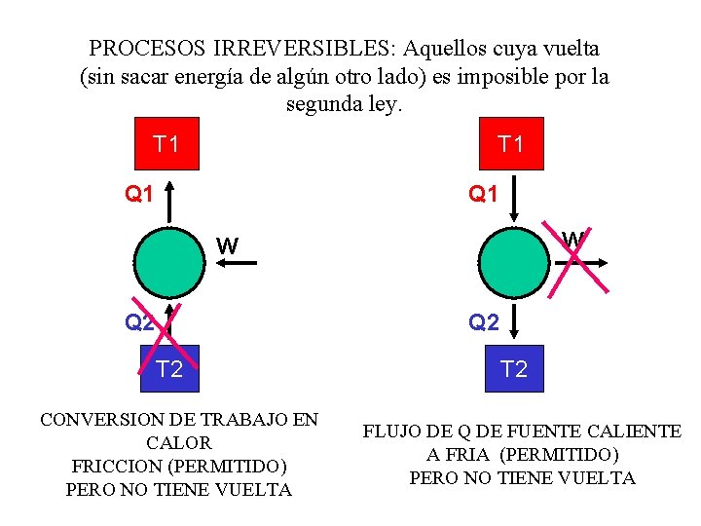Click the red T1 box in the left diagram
click(166, 143)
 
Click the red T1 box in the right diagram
click(511, 143)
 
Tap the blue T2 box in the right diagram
click(515, 368)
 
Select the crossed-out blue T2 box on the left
click(169, 368)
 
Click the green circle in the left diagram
click(169, 263)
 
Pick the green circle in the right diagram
click(514, 263)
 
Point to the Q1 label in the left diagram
click(138, 194)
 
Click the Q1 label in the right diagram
click(483, 194)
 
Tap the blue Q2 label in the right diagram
click(484, 322)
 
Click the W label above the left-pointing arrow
click(228, 245)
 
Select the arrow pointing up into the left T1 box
click(169, 202)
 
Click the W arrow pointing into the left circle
click(237, 263)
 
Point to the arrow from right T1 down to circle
click(514, 199)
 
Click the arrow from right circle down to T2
click(514, 321)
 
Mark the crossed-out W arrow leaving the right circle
click(581, 263)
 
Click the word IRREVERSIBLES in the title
click(304, 49)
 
